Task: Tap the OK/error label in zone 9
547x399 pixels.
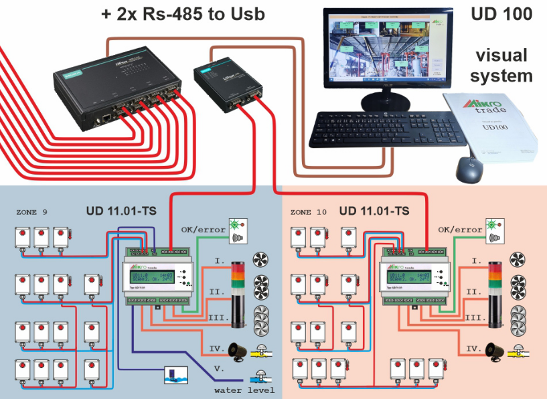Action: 202,230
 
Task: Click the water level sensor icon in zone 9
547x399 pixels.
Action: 174,374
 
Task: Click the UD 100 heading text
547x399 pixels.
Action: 501,13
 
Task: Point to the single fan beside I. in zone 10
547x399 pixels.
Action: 518,260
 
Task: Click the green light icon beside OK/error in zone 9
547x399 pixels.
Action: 236,224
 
